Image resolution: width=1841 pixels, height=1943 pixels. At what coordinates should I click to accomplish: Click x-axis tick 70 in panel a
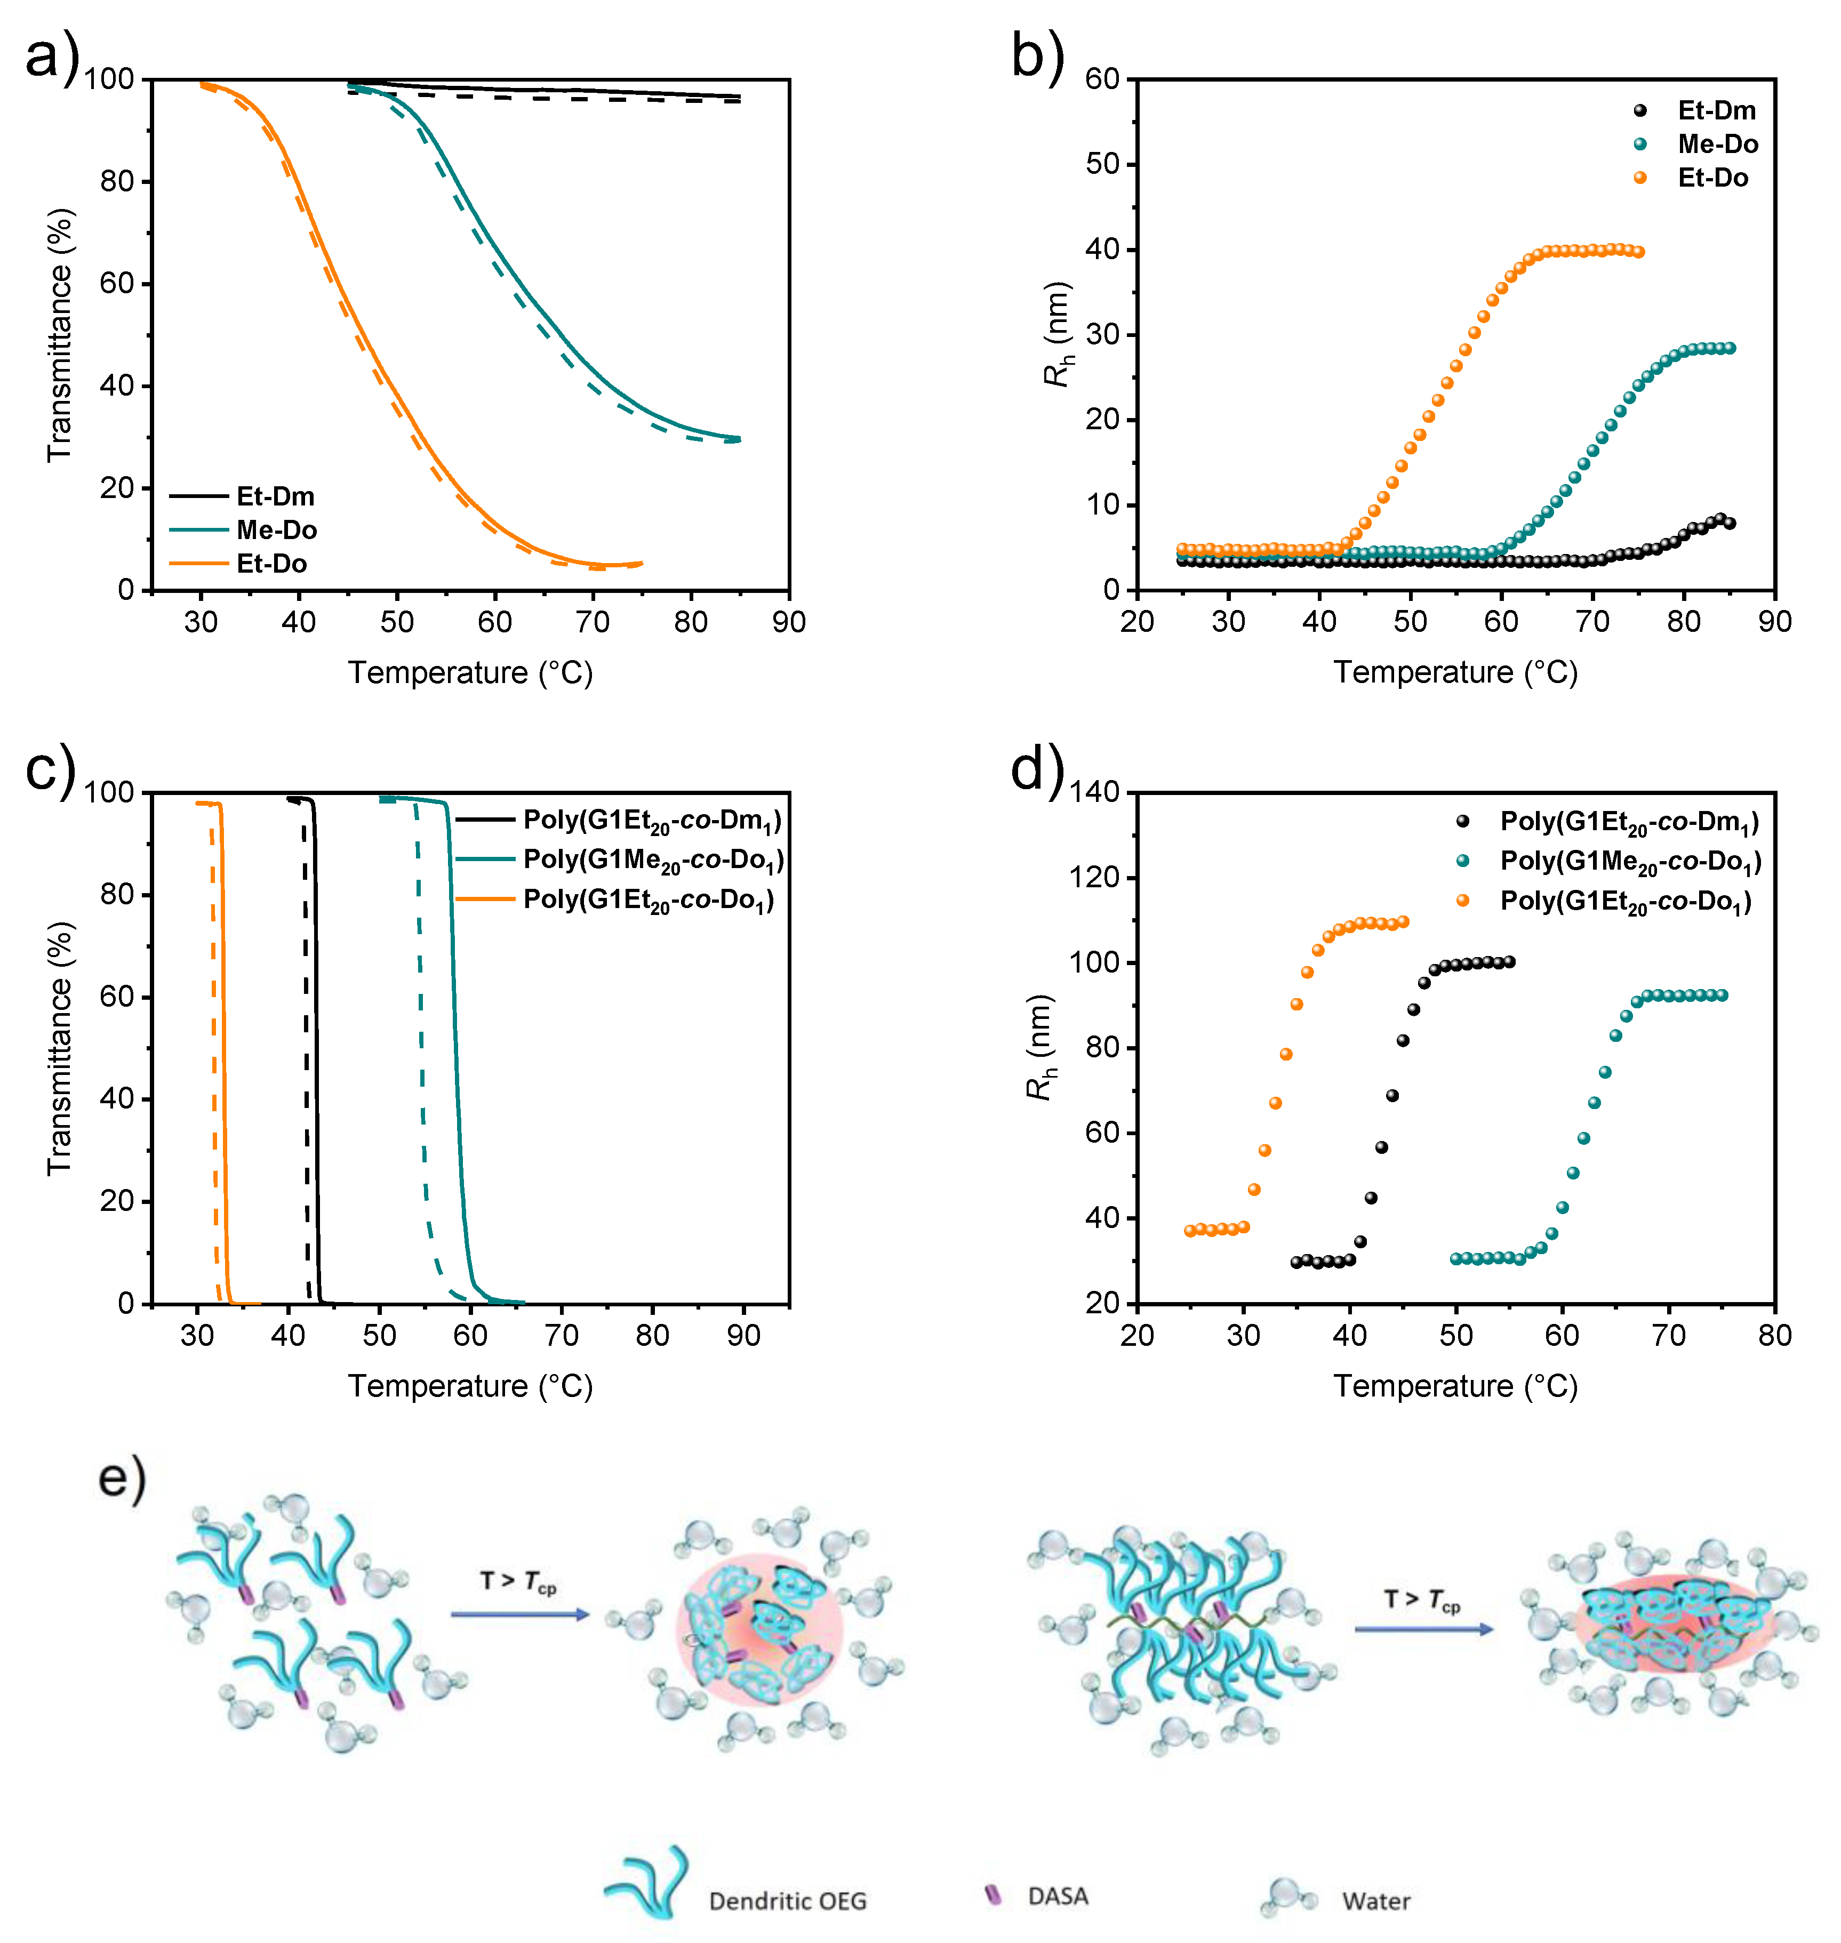point(593,622)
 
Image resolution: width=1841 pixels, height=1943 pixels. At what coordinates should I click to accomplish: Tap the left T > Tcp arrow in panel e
point(520,1614)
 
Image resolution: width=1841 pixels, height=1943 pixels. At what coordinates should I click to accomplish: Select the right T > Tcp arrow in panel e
point(1423,1629)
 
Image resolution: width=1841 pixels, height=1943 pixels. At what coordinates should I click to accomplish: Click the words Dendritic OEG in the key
point(787,1901)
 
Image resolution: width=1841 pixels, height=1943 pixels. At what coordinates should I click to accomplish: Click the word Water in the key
point(1376,1901)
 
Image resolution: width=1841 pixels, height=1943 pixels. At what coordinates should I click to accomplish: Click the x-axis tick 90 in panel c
point(743,1336)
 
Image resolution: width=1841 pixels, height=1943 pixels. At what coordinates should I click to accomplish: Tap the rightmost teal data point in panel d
point(1722,995)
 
